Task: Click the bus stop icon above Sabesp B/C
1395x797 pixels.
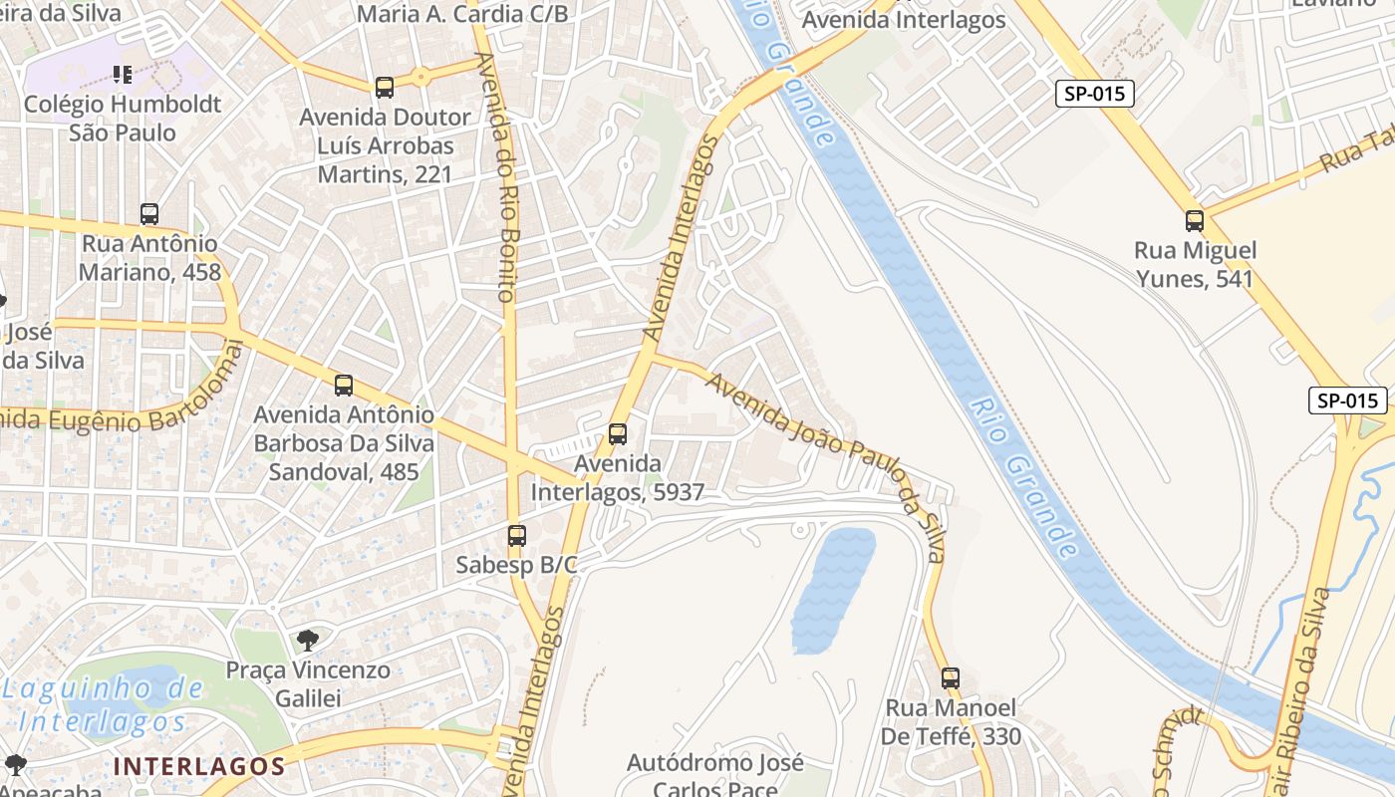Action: coord(516,536)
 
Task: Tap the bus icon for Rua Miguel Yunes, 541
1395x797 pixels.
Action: coord(1194,221)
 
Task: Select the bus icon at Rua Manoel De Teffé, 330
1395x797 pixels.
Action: coord(951,678)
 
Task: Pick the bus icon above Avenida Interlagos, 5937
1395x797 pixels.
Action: coord(618,434)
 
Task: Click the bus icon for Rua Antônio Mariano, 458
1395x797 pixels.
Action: coord(149,214)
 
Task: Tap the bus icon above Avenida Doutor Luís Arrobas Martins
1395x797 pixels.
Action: coord(385,88)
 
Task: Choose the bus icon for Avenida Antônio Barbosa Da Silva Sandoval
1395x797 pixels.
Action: coord(344,386)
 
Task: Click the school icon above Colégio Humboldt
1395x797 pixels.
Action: coord(123,75)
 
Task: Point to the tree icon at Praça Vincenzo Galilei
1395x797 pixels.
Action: coord(308,640)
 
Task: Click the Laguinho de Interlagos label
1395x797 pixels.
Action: coord(103,704)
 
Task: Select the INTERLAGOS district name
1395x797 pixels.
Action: coord(199,766)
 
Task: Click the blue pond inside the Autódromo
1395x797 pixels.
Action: coord(833,588)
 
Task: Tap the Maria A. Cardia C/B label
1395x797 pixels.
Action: coord(462,14)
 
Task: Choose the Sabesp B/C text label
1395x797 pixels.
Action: coord(516,565)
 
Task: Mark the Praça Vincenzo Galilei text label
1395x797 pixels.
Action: coord(308,684)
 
